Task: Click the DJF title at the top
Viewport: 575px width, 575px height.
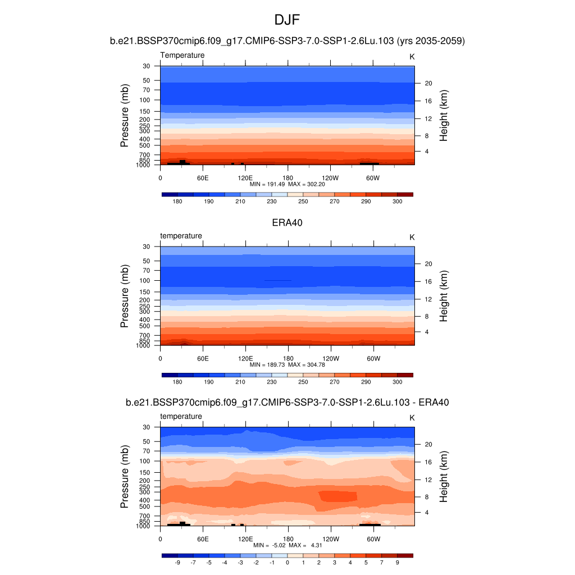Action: coord(287,21)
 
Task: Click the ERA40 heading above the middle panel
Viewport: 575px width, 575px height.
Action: coord(287,222)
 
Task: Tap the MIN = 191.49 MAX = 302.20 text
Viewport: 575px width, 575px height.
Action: coord(287,184)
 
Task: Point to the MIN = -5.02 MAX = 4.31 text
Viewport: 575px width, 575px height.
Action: coord(287,545)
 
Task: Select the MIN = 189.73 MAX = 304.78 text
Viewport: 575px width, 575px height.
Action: coord(287,364)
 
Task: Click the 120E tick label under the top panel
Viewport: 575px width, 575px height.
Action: coord(245,177)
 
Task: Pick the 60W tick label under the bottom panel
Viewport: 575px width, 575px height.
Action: coord(373,539)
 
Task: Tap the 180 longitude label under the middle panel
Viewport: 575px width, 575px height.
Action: coord(287,358)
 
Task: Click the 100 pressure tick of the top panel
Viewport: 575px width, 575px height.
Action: coord(146,100)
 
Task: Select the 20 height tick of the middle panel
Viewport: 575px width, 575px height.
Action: coord(427,264)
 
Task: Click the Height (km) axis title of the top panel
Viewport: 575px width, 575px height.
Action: coord(444,115)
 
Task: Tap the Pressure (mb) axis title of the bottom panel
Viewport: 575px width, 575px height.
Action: coord(125,477)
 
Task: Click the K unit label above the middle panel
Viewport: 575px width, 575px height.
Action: coord(412,238)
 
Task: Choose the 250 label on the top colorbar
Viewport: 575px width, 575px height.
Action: coord(303,201)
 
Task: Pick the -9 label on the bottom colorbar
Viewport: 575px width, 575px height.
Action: coord(177,562)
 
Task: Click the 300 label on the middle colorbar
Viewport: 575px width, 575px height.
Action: coord(397,382)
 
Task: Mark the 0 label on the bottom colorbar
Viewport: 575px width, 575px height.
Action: coord(287,562)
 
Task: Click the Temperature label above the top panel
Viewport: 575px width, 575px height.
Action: coord(182,55)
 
